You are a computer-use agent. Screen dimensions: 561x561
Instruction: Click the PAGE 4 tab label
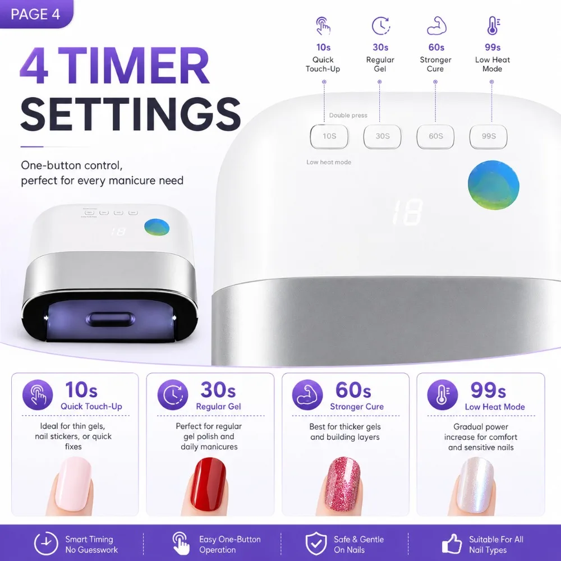point(35,14)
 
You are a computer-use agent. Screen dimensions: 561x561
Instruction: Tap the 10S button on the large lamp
point(329,136)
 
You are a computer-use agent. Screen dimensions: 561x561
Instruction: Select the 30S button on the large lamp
point(382,136)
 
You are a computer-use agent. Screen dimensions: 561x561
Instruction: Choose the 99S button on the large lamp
point(489,136)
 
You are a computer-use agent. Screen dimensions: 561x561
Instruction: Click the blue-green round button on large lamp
point(493,185)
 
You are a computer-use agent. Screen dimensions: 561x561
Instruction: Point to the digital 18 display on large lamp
point(407,212)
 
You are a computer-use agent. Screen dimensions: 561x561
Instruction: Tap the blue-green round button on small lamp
point(157,228)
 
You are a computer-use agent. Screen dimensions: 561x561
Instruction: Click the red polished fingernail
point(209,484)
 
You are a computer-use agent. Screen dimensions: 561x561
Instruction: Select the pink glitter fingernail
point(342,485)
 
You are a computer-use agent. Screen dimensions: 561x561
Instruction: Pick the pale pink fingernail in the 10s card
point(75,484)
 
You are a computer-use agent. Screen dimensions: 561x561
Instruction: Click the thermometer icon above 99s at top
point(493,26)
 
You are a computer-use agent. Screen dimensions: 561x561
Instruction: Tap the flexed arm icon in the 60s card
point(307,394)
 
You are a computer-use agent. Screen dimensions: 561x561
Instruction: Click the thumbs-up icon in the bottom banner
point(452,543)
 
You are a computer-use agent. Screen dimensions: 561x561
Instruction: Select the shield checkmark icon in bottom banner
point(316,543)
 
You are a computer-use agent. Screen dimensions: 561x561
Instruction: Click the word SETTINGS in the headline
point(131,114)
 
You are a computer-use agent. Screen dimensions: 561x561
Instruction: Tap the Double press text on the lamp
point(348,115)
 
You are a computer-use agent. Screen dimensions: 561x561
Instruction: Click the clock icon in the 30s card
point(173,394)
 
